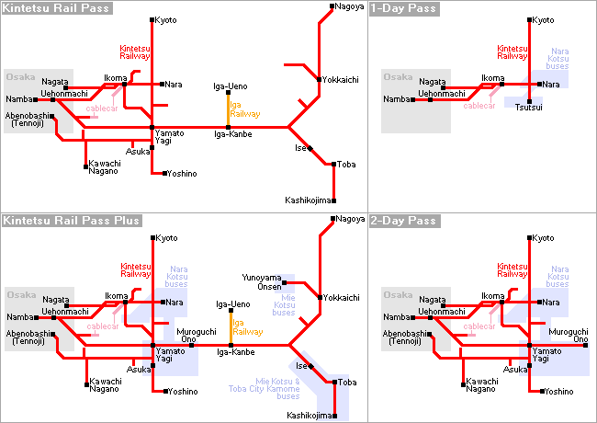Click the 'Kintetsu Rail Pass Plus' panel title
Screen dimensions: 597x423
[x=72, y=221]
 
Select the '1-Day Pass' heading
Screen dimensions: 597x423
[x=403, y=8]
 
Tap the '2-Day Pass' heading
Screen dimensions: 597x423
[x=403, y=221]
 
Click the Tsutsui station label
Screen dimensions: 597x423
[x=528, y=108]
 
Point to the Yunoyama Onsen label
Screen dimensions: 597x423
[x=262, y=282]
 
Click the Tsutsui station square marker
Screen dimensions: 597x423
[x=529, y=101]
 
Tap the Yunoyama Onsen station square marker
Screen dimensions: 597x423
[x=285, y=282]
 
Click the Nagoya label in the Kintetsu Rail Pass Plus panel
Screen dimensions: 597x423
[x=350, y=219]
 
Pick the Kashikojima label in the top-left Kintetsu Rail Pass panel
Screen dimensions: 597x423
[x=308, y=200]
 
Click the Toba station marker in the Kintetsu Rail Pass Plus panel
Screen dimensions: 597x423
[x=334, y=383]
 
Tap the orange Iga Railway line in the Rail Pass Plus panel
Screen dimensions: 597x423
[x=231, y=328]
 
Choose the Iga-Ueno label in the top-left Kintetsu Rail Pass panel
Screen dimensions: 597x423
[x=231, y=86]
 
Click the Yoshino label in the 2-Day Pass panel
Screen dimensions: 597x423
[x=558, y=392]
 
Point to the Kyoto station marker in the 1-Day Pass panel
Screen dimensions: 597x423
[x=529, y=20]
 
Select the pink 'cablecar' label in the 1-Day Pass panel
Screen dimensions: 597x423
[x=479, y=106]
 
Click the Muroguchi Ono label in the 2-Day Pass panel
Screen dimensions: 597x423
[x=569, y=336]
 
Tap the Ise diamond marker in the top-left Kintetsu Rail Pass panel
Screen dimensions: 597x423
[x=310, y=149]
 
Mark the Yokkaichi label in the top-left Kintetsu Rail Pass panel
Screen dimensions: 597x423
[x=341, y=80]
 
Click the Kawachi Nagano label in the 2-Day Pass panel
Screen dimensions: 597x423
[x=481, y=385]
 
